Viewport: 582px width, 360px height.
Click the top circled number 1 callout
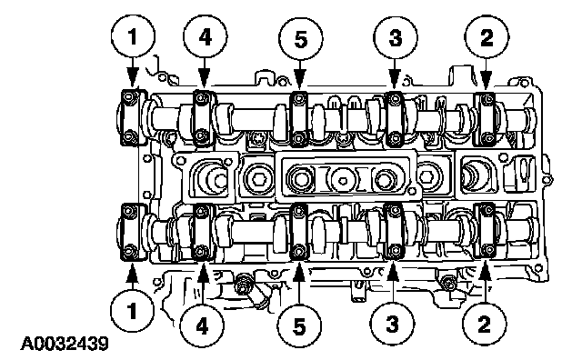133,36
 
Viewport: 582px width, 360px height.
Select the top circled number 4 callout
206,36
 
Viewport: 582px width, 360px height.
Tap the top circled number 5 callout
301,38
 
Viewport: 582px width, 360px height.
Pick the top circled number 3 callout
396,37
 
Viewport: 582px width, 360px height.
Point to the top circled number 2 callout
487,36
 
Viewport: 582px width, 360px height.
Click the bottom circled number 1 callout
132,310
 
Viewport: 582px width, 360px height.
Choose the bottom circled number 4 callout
202,326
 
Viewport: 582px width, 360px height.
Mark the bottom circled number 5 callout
299,326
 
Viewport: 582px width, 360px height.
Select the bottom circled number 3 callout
393,324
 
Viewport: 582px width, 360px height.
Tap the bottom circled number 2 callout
485,324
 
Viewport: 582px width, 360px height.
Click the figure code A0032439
65,344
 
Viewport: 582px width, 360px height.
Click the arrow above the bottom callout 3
393,281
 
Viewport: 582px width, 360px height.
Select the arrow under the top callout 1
132,73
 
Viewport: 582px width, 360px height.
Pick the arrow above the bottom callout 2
485,281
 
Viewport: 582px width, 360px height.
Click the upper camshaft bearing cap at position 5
299,118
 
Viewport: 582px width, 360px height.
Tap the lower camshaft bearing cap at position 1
130,232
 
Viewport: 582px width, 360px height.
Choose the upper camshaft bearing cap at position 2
487,118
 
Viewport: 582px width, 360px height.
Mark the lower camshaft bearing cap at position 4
202,232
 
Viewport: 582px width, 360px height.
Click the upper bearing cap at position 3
394,118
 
